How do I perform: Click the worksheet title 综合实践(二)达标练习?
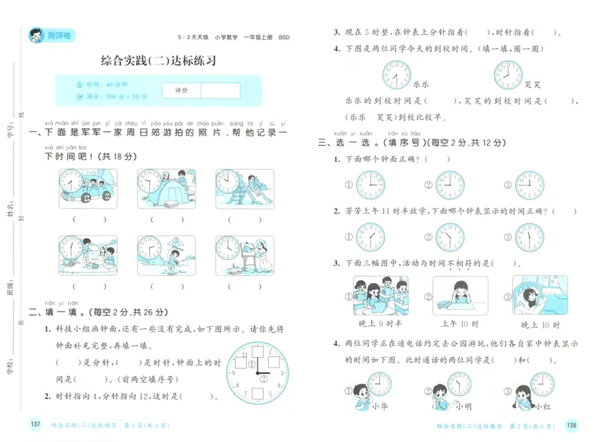point(158,61)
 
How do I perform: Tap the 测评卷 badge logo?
point(47,35)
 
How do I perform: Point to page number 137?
point(35,423)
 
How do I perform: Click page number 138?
point(571,425)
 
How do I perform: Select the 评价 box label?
point(181,90)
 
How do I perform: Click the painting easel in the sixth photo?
point(248,262)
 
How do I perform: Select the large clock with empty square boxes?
point(258,371)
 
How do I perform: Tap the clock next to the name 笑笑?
point(508,75)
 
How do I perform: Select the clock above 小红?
point(542,384)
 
